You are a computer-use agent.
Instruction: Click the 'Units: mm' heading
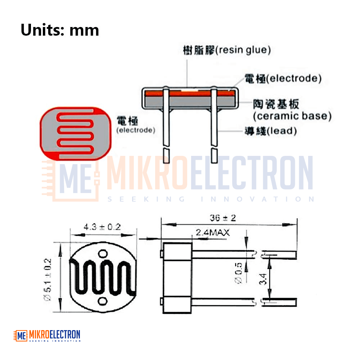pos(60,30)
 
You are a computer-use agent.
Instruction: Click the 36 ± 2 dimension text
pos(223,218)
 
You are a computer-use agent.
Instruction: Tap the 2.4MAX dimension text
pos(213,233)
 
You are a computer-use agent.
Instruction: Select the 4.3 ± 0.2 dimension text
pos(102,227)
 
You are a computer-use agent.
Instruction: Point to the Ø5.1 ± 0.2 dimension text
pos(48,280)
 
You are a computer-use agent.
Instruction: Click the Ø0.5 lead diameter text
pos(239,273)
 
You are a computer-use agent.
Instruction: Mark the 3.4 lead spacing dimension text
pos(263,279)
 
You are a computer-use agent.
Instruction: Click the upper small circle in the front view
pos(103,254)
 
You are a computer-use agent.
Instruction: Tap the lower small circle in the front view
pos(102,301)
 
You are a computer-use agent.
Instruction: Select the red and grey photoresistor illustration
pos(76,134)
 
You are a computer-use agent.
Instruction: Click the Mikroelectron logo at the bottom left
pos(47,336)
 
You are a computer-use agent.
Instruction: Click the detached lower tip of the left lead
pos(166,156)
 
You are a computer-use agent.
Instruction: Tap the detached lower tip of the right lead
pos(214,156)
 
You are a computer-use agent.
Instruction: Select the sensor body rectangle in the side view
pos(177,278)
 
